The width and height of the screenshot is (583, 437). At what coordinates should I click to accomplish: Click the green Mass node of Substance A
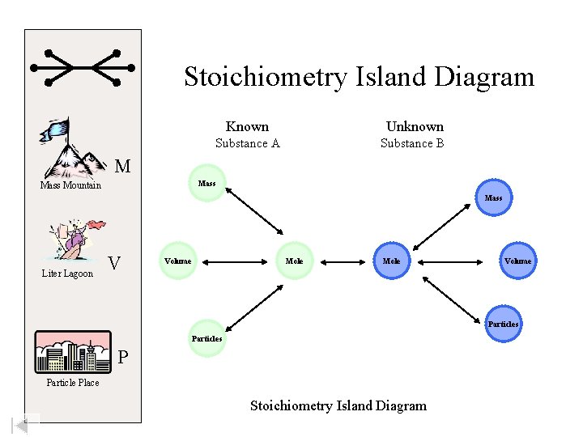206,184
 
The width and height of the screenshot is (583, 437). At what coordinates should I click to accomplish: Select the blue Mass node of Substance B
492,197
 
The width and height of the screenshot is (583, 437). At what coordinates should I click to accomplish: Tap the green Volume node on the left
177,261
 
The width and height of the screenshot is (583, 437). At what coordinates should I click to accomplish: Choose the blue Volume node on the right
517,261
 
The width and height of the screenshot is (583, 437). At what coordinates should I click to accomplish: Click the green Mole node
294,261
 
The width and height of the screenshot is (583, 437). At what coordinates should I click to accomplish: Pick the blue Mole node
391,261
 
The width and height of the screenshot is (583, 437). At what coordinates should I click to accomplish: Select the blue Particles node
503,324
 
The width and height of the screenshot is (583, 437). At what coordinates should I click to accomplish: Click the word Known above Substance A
247,126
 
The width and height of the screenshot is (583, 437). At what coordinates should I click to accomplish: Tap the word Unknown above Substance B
415,126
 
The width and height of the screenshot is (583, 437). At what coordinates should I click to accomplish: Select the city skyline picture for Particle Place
73,351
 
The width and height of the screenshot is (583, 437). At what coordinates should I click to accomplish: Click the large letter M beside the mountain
122,167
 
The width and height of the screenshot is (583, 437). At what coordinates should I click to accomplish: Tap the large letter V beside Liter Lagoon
116,264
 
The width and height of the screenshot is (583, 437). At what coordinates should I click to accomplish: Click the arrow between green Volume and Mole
239,261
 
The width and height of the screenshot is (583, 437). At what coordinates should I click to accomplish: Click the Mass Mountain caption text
70,186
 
